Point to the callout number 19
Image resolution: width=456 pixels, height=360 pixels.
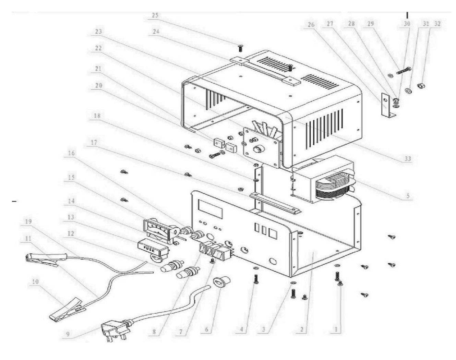tap(28, 222)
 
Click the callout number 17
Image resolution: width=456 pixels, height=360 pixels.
tap(94, 141)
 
